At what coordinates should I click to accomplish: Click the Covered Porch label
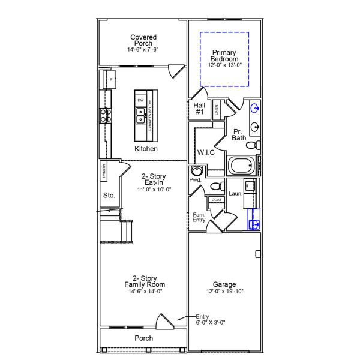click(143, 40)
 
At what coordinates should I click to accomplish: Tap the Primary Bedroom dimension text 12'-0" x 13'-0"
click(224, 64)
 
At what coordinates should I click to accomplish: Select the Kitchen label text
click(146, 148)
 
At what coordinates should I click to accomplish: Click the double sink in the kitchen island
click(140, 115)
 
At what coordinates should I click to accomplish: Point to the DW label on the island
click(140, 100)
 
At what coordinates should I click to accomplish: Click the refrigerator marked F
click(110, 79)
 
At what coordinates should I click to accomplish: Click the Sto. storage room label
click(109, 195)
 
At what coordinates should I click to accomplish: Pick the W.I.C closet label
click(206, 152)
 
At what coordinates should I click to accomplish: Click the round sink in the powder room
click(196, 171)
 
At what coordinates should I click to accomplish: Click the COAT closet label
click(215, 200)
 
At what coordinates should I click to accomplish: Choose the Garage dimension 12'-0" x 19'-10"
click(224, 292)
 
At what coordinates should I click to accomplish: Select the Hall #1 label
click(200, 108)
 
